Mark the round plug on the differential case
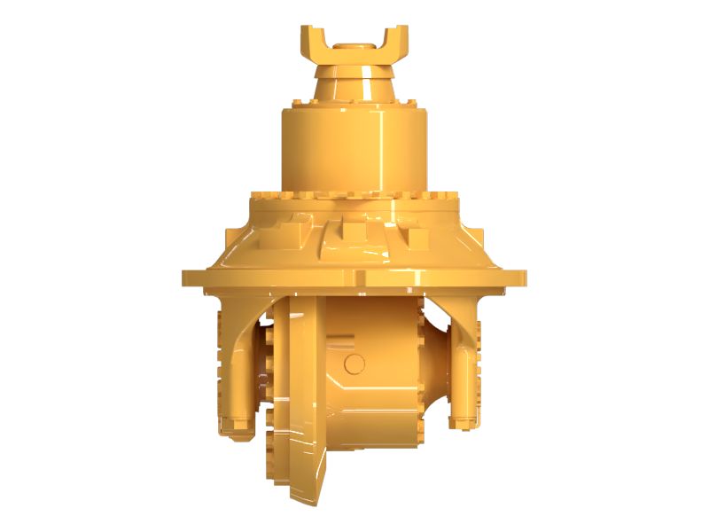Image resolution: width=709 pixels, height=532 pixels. (354, 363)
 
